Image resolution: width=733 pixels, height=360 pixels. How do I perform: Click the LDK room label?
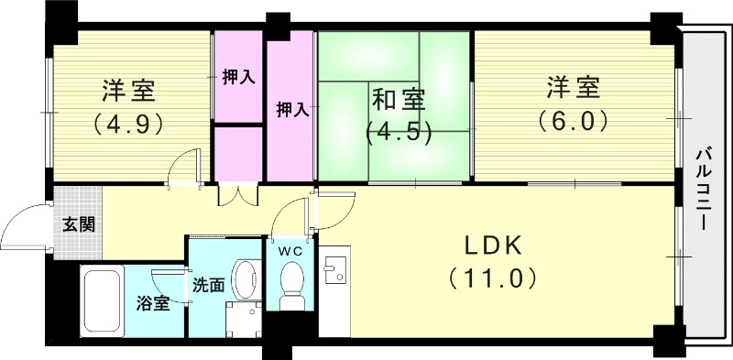491,245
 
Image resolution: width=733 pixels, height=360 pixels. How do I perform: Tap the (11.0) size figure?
491,277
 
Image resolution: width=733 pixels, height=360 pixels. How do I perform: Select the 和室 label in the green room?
398,95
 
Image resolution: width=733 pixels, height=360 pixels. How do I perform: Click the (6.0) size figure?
574,120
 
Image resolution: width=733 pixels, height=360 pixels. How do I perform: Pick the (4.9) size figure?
127,122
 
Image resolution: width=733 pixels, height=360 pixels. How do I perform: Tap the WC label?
291,249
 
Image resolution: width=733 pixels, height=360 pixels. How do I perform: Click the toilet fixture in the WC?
292,283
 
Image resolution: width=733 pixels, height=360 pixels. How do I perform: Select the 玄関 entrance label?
77,224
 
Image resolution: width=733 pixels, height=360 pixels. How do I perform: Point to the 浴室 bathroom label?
152,303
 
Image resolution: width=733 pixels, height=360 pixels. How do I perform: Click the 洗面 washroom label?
208,285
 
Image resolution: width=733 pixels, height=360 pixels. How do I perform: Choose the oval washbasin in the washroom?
245,276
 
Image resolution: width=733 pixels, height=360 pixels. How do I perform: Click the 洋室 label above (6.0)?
574,89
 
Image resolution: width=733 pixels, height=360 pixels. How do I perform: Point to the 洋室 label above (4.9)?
127,91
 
